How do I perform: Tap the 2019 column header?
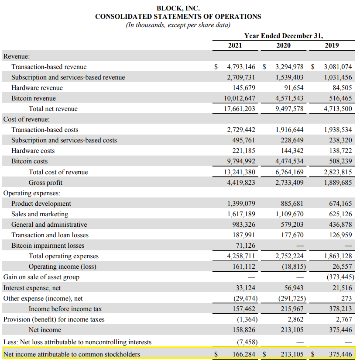click(332, 45)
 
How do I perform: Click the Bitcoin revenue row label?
click(34, 98)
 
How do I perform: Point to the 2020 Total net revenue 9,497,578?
click(289, 109)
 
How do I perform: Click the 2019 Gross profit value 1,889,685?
click(338, 183)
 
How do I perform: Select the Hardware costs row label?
click(33, 151)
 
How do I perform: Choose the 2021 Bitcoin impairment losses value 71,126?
click(245, 246)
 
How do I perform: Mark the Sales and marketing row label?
click(40, 214)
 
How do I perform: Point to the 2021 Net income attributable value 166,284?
click(243, 354)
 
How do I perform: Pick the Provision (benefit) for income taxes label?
click(54, 319)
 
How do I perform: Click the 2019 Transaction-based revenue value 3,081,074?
click(338, 67)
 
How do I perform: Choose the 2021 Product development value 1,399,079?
click(241, 204)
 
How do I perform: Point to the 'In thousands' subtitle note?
click(178, 25)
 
